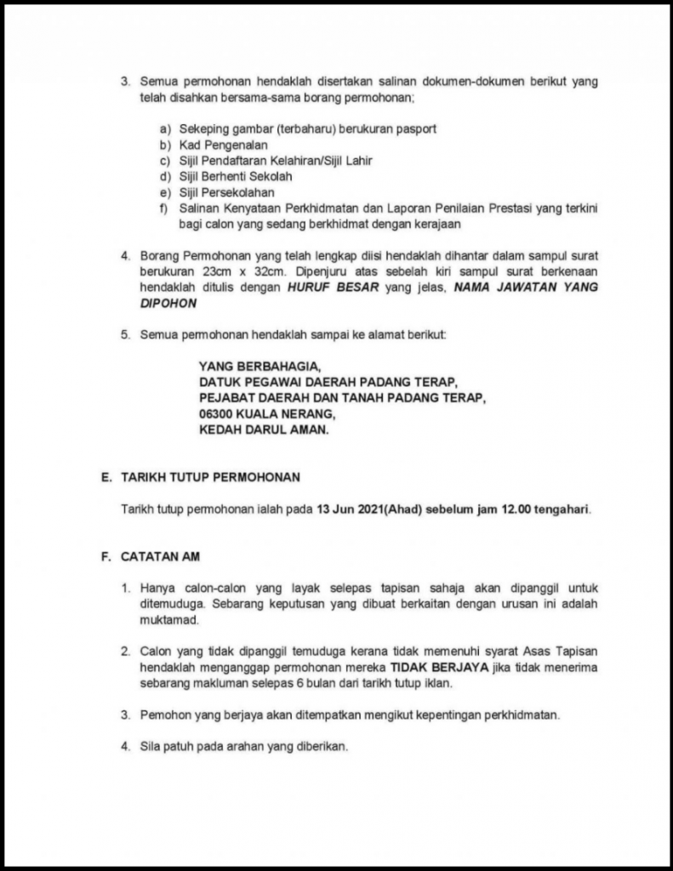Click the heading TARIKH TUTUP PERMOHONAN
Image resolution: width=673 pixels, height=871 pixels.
point(210,477)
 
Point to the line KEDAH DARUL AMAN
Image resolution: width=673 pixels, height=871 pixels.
point(263,430)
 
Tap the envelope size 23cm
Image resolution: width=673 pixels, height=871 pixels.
point(220,271)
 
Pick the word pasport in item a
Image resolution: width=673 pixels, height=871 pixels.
point(416,128)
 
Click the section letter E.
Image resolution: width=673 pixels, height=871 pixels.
point(106,477)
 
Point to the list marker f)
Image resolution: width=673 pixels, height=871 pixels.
point(163,209)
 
